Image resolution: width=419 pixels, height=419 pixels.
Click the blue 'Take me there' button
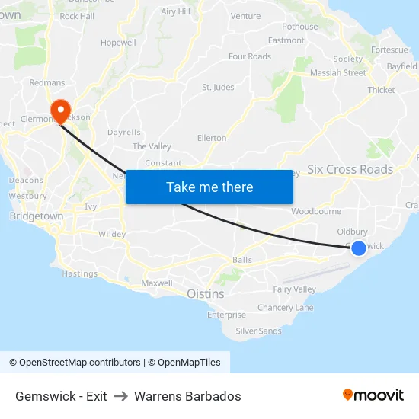tap(209, 187)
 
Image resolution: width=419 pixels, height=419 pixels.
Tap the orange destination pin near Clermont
tap(59, 111)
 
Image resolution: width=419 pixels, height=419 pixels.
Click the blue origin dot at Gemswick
tap(358, 248)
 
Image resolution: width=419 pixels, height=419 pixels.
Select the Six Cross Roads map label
tap(350, 169)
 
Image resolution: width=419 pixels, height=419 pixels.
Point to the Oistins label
tap(205, 293)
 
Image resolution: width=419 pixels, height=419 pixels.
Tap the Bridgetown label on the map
tap(37, 216)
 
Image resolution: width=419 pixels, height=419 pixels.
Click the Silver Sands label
tap(258, 331)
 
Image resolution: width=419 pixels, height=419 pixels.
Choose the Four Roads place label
tap(249, 56)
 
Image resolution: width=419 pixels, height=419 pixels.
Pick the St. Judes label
tap(218, 88)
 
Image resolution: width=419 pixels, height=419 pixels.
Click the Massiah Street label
tap(337, 73)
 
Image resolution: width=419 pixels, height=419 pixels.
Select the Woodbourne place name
tap(310, 211)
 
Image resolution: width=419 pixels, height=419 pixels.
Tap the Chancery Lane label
tap(285, 308)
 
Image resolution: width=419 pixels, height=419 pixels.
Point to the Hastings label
tap(79, 273)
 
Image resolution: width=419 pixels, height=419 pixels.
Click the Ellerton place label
tap(212, 138)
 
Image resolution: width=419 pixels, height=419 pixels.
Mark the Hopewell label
tap(117, 43)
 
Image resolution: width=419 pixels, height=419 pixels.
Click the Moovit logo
tap(373, 395)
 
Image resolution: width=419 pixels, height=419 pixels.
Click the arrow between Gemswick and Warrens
tap(120, 396)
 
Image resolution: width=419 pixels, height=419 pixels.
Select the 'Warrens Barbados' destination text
tap(187, 396)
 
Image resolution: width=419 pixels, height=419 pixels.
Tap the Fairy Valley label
tap(294, 289)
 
